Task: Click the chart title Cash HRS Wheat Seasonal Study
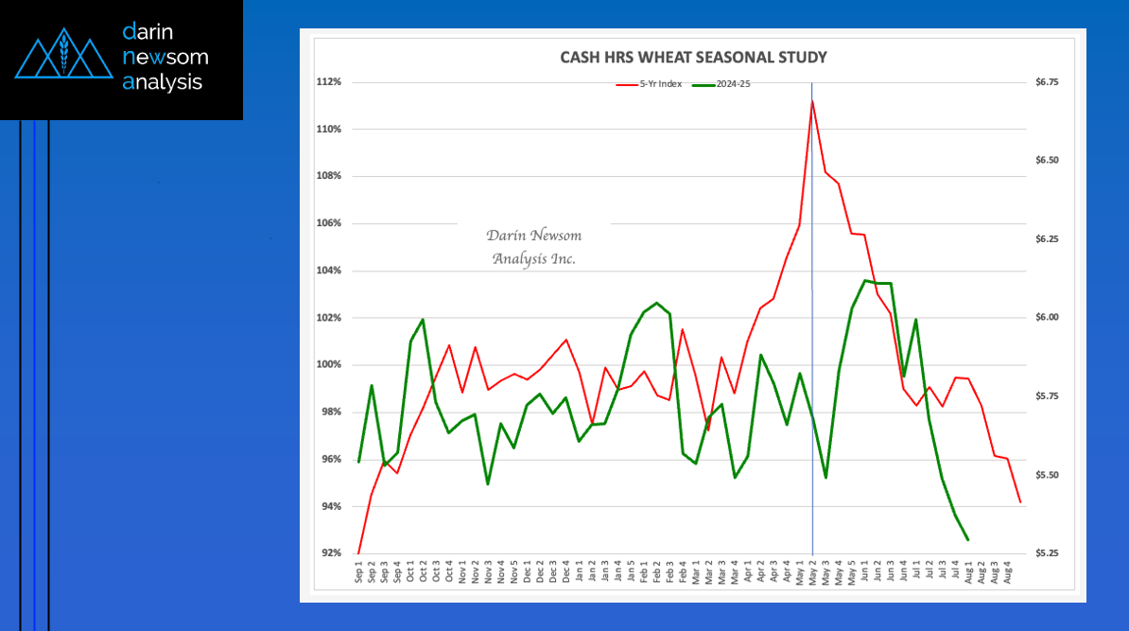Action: click(693, 58)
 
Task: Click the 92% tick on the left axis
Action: click(330, 553)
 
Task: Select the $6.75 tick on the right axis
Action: click(1047, 82)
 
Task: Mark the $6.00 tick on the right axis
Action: click(1047, 318)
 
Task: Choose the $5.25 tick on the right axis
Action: click(1047, 553)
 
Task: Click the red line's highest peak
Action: click(812, 101)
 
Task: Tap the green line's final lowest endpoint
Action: click(968, 540)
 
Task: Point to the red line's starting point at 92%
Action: click(358, 553)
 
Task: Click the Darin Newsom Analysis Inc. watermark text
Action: click(533, 247)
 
